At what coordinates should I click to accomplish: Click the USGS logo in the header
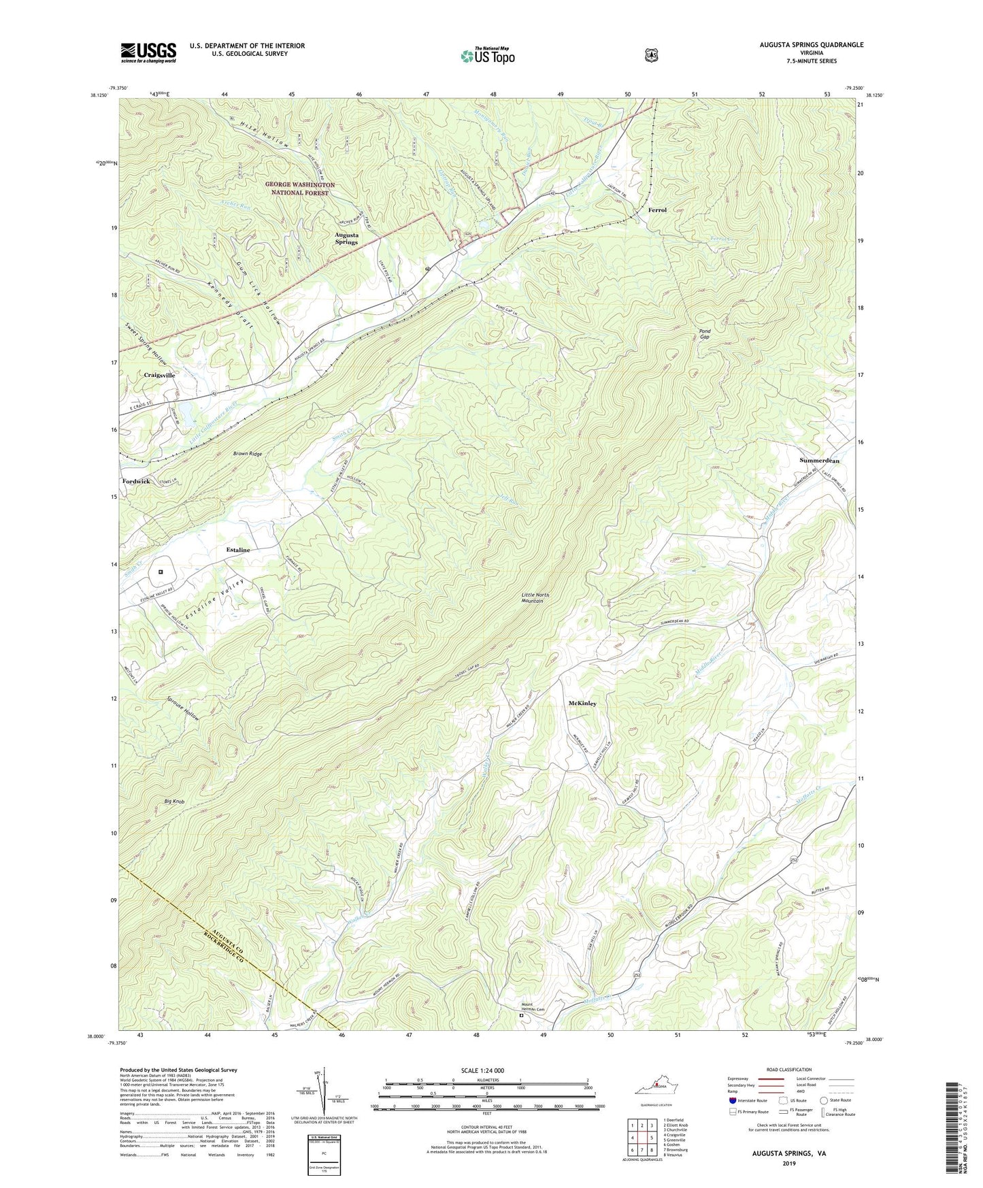[148, 52]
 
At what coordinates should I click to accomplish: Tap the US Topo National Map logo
[486, 56]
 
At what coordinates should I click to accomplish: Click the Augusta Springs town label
[346, 238]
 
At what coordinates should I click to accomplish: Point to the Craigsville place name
[159, 375]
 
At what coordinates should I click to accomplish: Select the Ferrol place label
[657, 210]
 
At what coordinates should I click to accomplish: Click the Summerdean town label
[819, 461]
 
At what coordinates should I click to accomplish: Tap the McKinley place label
[582, 704]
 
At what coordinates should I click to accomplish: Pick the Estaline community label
[238, 550]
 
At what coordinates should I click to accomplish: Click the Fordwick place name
[136, 481]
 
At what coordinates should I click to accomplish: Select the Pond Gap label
[705, 334]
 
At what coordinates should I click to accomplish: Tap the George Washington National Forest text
[300, 188]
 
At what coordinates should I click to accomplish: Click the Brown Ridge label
[247, 454]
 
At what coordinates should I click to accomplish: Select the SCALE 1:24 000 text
[487, 1070]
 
